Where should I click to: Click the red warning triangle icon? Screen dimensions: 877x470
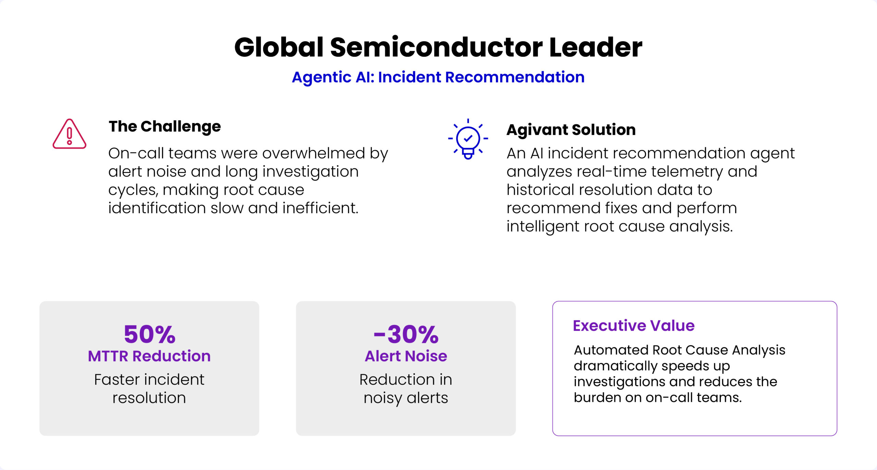coord(70,134)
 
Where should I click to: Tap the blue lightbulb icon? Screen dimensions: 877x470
coord(468,139)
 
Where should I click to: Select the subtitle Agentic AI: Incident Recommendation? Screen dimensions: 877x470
coord(438,77)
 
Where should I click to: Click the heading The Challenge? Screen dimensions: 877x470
coord(165,127)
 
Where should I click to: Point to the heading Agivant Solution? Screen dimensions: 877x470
coord(571,130)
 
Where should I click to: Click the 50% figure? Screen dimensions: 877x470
coord(150,334)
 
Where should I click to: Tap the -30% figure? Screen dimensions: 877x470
coord(406,334)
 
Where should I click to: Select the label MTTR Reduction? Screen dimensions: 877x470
coord(149,356)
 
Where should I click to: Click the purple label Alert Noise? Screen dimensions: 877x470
coord(406,356)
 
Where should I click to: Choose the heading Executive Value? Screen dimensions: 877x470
coord(634,325)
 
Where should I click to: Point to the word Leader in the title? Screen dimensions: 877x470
coord(596,47)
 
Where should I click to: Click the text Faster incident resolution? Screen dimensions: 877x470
coord(149,389)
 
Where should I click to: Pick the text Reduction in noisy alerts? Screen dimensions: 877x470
coord(406,389)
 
